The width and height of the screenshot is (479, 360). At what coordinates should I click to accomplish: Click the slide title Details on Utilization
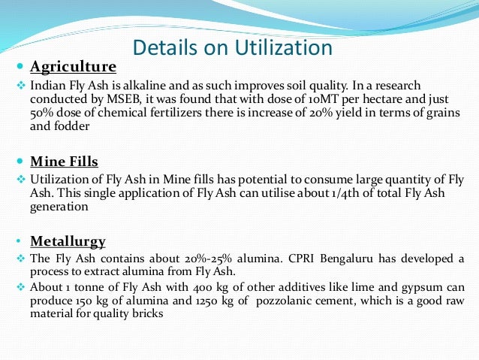click(x=232, y=48)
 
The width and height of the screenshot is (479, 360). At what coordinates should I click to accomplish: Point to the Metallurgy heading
click(x=68, y=241)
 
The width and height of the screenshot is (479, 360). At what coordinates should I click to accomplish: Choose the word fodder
click(x=72, y=127)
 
